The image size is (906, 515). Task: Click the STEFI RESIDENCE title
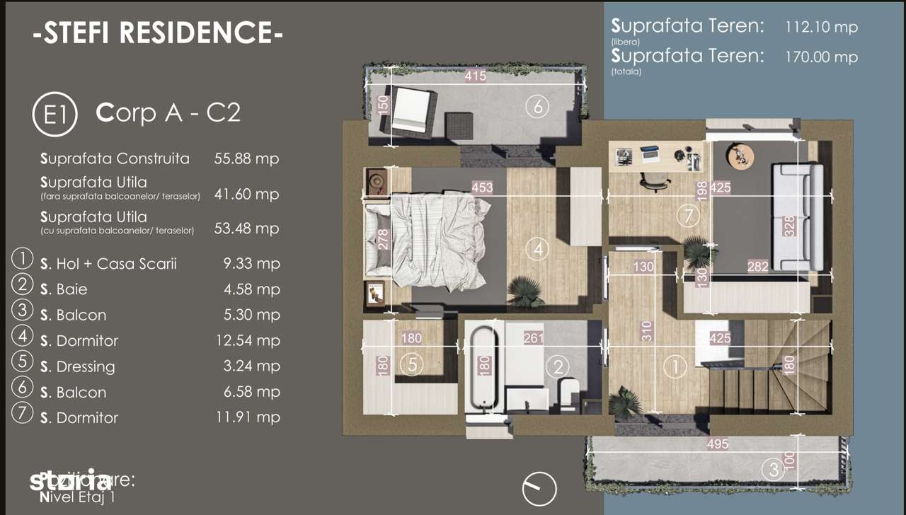[157, 33]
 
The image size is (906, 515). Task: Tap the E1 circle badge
[55, 115]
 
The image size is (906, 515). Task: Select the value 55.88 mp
[246, 158]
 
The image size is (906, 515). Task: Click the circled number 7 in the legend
[22, 412]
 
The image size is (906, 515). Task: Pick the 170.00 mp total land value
[821, 57]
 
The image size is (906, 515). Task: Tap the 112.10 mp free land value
[821, 28]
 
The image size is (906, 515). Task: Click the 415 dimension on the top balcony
[475, 76]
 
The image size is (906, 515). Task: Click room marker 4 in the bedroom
[538, 249]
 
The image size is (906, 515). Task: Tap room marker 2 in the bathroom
[558, 366]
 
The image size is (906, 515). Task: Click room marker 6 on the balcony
[537, 107]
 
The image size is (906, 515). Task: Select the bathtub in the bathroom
[485, 368]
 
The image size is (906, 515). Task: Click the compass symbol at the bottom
[539, 489]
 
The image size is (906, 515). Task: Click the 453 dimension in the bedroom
[483, 188]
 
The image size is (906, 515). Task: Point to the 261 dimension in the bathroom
[533, 338]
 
